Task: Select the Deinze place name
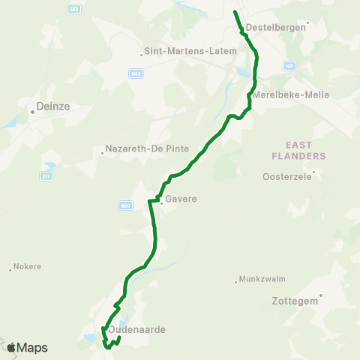(53, 107)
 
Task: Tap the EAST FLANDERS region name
(307, 150)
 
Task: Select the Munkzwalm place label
(259, 280)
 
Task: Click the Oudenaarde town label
(136, 329)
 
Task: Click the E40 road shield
(73, 9)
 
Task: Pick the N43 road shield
(136, 73)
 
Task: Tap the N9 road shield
(289, 67)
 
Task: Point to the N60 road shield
(124, 204)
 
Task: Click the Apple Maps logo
(26, 348)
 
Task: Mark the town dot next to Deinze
(33, 112)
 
